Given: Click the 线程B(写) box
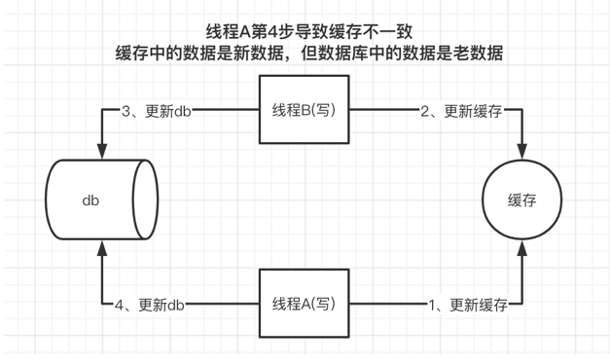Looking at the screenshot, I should (x=304, y=110).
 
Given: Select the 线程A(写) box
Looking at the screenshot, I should (x=304, y=305).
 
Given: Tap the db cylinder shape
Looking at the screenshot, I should (x=101, y=200).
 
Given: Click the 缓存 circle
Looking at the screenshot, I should (x=521, y=200).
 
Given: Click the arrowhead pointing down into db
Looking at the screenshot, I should (x=101, y=149).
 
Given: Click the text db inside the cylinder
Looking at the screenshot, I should (x=90, y=200).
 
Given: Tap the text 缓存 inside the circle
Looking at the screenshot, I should (x=521, y=200).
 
